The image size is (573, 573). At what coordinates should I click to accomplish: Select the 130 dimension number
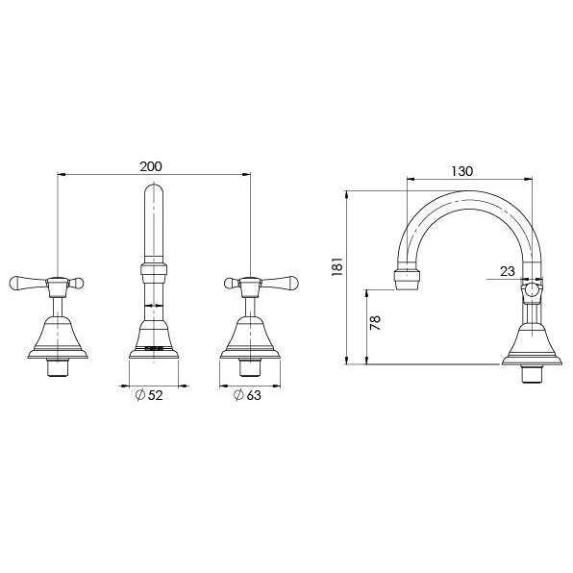coord(462,171)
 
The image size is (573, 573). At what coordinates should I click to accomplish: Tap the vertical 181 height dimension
coord(335,265)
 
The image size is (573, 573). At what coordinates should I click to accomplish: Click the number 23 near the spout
coord(507,272)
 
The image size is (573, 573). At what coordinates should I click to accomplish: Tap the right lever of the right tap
coord(286,283)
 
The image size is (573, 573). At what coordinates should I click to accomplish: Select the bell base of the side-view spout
coord(532,341)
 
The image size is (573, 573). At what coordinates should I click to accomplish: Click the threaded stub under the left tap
coord(60,366)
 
